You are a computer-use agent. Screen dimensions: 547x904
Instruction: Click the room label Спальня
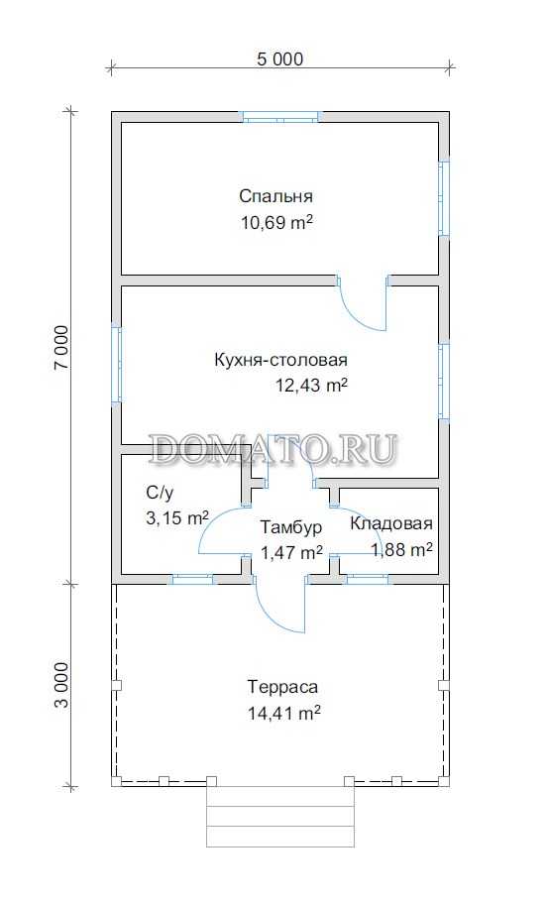276,196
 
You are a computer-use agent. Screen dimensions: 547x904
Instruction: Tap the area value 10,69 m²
276,222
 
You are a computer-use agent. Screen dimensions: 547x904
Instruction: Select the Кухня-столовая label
281,361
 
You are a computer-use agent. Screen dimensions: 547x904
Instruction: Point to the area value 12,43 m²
312,386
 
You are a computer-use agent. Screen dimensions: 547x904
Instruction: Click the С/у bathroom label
160,493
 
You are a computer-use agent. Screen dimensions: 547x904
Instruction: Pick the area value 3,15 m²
177,517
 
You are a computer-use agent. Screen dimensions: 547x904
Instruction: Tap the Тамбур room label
290,527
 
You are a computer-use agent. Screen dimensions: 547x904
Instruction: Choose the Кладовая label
391,523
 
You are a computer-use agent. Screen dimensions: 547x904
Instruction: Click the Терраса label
282,688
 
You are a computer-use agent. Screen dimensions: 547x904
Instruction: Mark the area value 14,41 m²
284,713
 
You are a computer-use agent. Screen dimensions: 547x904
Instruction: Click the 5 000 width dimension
279,58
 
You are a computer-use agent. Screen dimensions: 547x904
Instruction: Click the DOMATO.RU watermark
273,449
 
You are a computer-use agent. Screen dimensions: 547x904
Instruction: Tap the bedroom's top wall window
280,116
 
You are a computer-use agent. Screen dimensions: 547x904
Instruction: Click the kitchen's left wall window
116,364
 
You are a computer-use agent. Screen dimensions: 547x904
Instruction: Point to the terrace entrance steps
280,817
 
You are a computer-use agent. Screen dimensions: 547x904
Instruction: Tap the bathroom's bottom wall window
193,580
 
